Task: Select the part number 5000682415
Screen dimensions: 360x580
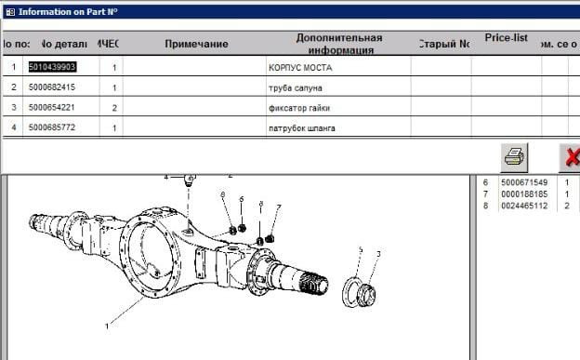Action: [x=52, y=87]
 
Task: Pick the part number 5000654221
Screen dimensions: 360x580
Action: [x=52, y=108]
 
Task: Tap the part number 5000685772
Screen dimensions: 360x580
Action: [x=52, y=127]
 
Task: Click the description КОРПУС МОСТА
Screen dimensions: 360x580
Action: [x=299, y=68]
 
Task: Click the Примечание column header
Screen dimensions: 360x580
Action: [x=196, y=44]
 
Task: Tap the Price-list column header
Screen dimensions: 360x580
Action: [x=507, y=38]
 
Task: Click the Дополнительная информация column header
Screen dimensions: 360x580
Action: [x=339, y=44]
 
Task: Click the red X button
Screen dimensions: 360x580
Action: [x=569, y=155]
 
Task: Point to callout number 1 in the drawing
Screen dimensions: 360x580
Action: [x=107, y=327]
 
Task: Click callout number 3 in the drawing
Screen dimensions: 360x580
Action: [x=378, y=254]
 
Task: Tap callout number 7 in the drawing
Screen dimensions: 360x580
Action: [x=278, y=207]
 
